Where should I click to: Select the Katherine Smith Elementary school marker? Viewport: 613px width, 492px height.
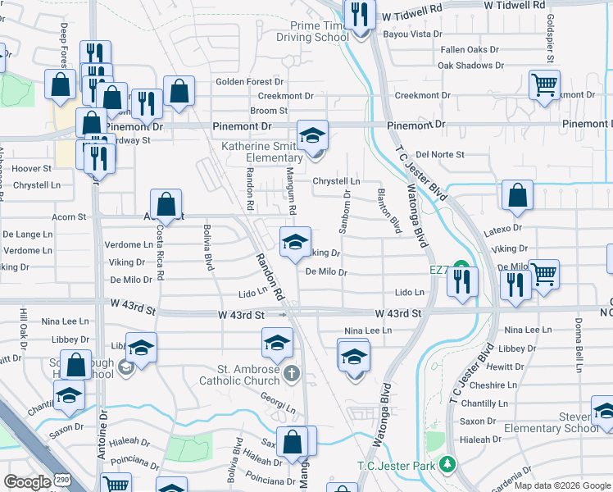311,134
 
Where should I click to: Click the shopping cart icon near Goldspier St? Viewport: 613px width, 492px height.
544,84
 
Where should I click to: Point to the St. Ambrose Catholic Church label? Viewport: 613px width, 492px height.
238,375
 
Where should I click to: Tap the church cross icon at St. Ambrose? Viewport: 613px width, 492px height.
292,375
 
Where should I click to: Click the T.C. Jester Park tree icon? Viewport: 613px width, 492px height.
447,465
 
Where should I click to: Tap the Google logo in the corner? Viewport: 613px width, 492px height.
27,482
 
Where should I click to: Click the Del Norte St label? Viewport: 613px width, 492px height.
440,154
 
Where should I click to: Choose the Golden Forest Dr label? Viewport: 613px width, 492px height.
249,82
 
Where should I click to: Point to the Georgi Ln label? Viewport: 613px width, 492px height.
278,407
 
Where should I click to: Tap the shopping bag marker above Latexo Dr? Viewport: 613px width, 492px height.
517,195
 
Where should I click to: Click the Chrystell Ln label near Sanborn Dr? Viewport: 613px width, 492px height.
337,181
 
